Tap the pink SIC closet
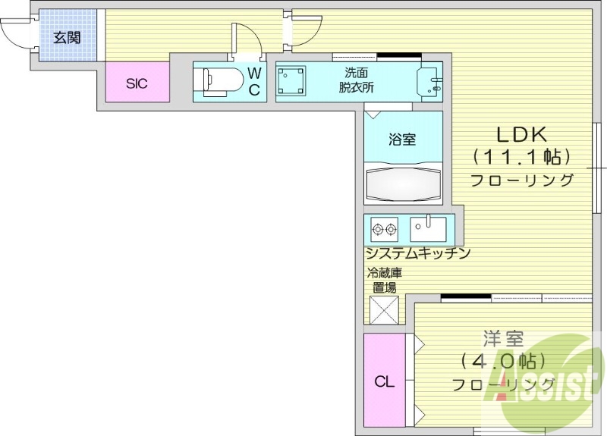137,83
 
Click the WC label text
255,81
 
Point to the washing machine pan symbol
291,81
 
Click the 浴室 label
402,140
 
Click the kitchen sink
429,228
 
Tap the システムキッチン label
418,253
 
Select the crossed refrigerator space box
384,310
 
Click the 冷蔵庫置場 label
383,280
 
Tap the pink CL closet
385,381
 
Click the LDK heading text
521,135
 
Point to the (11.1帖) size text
521,157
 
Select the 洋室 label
502,337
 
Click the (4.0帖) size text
502,360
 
